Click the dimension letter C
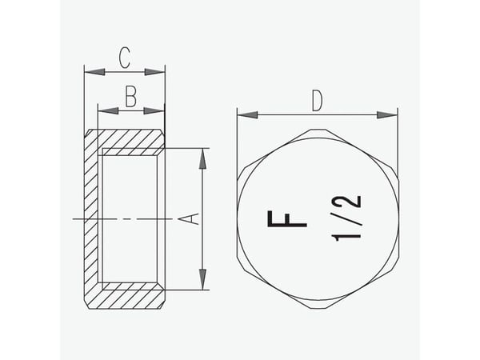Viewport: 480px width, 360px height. (x=125, y=58)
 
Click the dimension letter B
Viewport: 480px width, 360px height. (x=130, y=96)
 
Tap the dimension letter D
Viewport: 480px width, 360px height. (x=317, y=101)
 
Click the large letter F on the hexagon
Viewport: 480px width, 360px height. (x=287, y=219)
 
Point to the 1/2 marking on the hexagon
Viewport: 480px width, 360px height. (x=346, y=218)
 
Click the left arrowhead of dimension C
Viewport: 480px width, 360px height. (x=94, y=72)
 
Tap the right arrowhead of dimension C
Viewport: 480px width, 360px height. (x=154, y=72)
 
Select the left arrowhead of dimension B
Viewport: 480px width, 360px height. (x=108, y=110)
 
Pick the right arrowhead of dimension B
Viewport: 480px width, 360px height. (x=154, y=110)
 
